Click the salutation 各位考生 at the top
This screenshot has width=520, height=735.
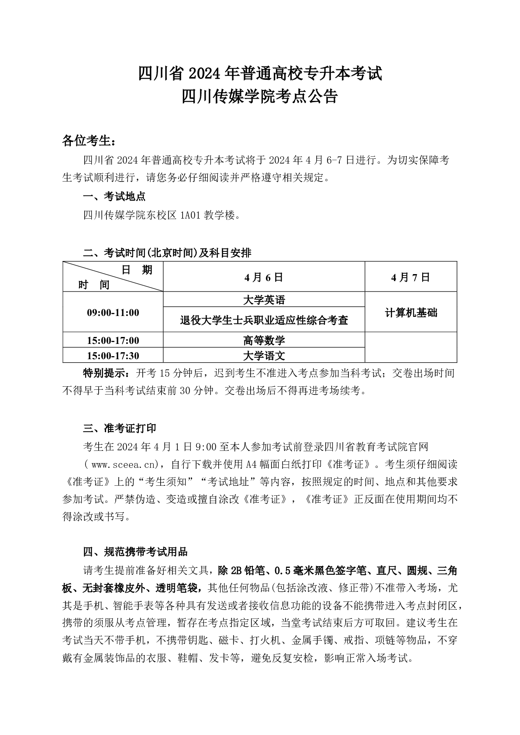point(89,141)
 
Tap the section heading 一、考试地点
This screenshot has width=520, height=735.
point(114,196)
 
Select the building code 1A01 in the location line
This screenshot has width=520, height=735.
point(190,215)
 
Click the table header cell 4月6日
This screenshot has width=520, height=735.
point(264,277)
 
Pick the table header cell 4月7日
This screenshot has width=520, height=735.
point(410,277)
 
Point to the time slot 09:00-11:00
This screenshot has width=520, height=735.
point(113,313)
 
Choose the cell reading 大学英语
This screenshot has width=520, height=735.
point(264,300)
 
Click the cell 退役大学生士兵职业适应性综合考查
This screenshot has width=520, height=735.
point(264,320)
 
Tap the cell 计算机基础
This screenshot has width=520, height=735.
point(410,313)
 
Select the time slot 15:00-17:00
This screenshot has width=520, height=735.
point(113,340)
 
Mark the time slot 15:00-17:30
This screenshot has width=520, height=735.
point(113,356)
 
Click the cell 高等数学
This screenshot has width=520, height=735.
point(264,340)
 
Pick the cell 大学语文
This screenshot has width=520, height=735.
point(264,356)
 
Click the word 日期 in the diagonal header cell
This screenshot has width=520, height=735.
point(137,270)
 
